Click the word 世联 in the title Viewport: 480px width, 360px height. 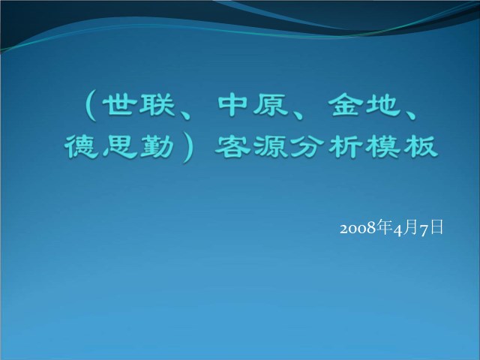139,105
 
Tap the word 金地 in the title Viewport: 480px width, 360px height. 365,105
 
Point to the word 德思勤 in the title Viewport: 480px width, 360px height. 120,146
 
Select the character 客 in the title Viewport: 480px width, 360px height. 233,146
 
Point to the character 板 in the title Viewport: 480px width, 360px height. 420,146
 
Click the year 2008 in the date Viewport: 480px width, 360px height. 358,228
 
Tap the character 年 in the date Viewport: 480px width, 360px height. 384,226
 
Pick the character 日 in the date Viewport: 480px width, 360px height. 436,227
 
